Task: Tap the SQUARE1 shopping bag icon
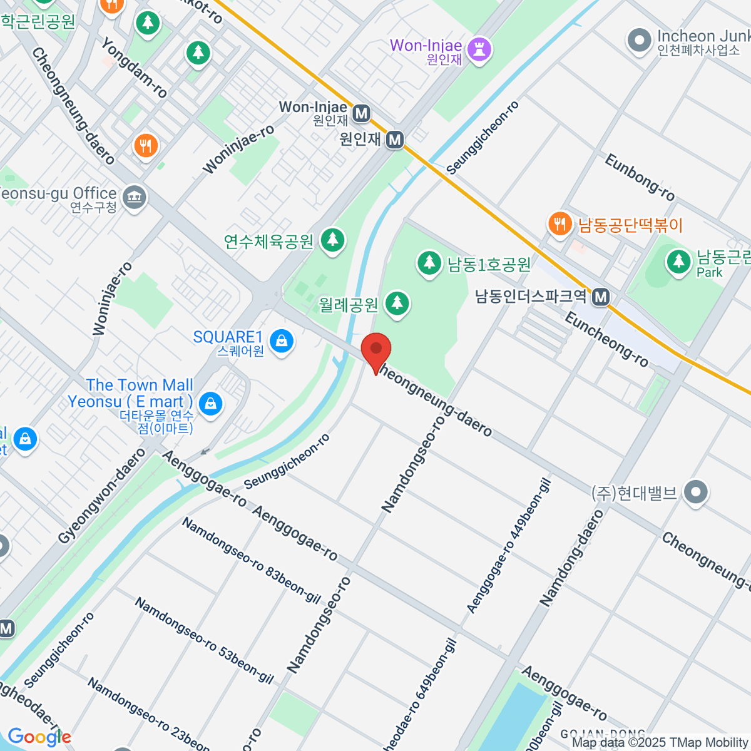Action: click(282, 342)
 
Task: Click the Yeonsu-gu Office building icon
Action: click(134, 198)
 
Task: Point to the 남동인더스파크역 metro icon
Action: click(601, 297)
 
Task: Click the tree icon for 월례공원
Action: click(396, 304)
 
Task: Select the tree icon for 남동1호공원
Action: click(429, 263)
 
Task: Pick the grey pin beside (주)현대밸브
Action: click(696, 493)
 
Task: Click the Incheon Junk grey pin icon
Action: click(640, 41)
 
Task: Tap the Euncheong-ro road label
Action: click(606, 339)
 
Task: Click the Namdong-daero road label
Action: click(572, 558)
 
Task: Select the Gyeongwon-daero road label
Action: click(102, 496)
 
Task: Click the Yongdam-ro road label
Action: click(134, 67)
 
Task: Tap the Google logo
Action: click(39, 737)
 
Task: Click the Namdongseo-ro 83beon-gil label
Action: click(251, 559)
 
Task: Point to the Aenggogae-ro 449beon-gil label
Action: click(508, 546)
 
